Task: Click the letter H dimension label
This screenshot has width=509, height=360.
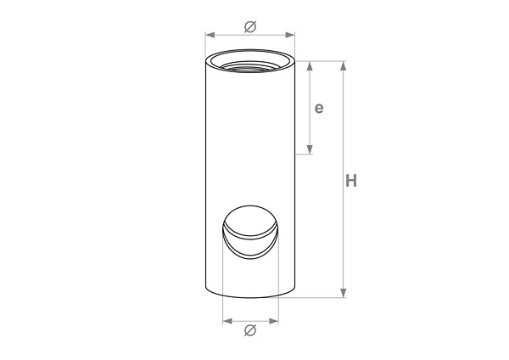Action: (x=351, y=181)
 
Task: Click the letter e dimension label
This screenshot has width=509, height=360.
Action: (x=319, y=108)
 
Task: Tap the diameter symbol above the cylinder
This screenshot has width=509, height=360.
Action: (x=250, y=26)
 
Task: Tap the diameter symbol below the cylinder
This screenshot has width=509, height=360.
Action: (x=250, y=330)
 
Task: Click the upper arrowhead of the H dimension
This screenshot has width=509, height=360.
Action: (x=344, y=65)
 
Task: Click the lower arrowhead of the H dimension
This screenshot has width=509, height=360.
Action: (x=344, y=293)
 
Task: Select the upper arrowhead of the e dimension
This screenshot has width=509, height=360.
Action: (x=310, y=65)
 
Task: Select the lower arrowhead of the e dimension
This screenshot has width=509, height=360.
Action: (x=310, y=149)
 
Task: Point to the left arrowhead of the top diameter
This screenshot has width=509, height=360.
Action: (x=210, y=35)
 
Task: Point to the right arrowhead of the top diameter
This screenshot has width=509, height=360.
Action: (x=290, y=35)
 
